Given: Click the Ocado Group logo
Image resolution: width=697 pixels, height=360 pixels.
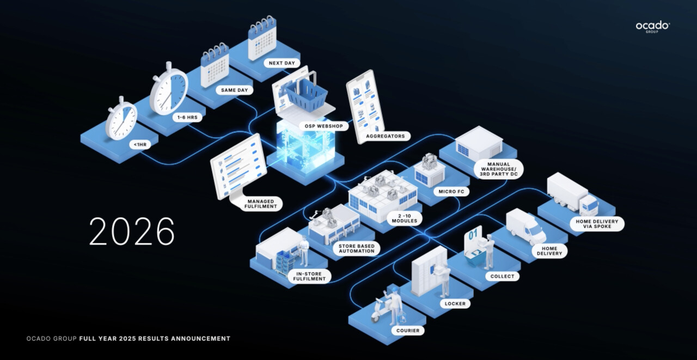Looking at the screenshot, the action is pyautogui.click(x=652, y=26).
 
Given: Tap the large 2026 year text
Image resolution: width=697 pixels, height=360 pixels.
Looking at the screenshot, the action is pyautogui.click(x=132, y=231).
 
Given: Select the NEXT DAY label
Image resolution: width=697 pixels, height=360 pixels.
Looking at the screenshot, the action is pyautogui.click(x=282, y=63).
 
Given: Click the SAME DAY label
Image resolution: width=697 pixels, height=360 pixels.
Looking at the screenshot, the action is pyautogui.click(x=235, y=90).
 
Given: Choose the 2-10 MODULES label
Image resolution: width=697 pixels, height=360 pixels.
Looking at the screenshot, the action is pyautogui.click(x=403, y=217).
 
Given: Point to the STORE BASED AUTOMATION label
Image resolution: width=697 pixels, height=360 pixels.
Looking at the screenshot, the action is pyautogui.click(x=357, y=248).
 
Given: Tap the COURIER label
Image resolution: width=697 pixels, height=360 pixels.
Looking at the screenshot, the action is pyautogui.click(x=407, y=330).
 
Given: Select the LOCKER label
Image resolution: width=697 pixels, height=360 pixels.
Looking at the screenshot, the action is pyautogui.click(x=455, y=303).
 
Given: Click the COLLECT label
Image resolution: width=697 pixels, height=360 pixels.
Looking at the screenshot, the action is pyautogui.click(x=502, y=276).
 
